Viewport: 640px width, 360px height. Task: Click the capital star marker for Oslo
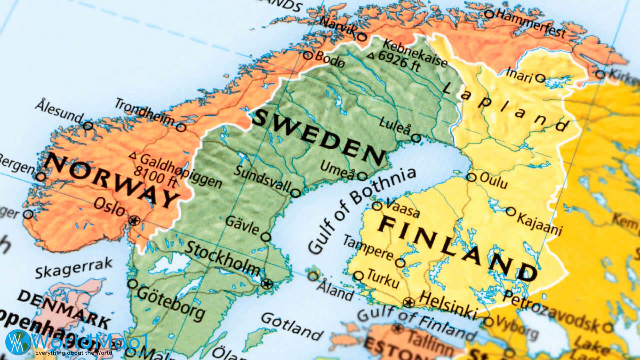[134, 220]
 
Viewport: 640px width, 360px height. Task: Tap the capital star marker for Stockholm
[267, 284]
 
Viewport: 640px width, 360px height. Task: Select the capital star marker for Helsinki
[409, 303]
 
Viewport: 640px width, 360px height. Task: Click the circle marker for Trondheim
[181, 127]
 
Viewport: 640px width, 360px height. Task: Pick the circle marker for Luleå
[416, 138]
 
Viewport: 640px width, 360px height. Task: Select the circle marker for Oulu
[471, 177]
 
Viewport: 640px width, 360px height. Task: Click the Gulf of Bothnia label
[362, 210]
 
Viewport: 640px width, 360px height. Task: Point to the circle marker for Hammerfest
[489, 14]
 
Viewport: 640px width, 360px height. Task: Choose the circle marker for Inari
[540, 79]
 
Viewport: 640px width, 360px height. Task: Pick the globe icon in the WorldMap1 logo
[17, 341]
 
